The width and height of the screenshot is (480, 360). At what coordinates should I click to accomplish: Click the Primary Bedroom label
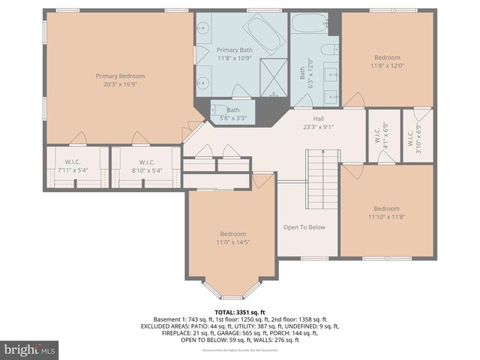(x=120, y=76)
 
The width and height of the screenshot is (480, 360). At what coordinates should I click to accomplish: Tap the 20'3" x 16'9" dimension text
(x=120, y=84)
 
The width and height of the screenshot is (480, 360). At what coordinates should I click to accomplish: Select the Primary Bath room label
(x=235, y=50)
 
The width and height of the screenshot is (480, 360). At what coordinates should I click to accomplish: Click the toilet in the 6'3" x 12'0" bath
(x=328, y=50)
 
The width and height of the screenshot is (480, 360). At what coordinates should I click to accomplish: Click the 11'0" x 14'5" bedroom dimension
(x=232, y=242)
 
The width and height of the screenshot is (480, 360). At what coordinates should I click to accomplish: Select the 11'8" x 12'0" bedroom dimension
(x=387, y=65)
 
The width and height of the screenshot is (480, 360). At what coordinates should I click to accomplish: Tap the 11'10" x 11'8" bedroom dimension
(x=386, y=217)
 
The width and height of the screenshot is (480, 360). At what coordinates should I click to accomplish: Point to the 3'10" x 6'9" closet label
(x=419, y=135)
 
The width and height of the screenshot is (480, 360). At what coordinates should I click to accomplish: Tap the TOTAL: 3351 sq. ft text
(x=240, y=312)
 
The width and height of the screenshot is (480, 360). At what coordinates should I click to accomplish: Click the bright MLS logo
(x=29, y=349)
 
